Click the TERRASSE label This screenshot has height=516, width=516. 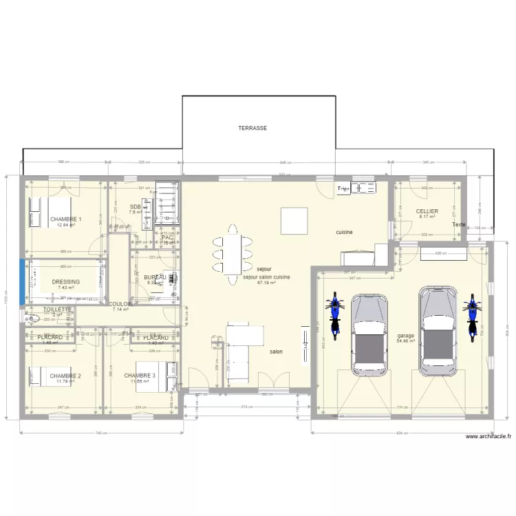(x=252, y=128)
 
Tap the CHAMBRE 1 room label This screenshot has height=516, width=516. (x=65, y=219)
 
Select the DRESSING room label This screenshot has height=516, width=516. (x=65, y=281)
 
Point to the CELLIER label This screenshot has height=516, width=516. (x=427, y=211)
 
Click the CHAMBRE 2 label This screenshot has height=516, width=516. (x=65, y=376)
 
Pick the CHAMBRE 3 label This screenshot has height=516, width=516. (x=140, y=376)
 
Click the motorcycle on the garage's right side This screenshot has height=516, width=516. (x=472, y=317)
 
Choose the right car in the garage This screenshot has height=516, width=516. (x=438, y=326)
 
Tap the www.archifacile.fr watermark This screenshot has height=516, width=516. (x=488, y=436)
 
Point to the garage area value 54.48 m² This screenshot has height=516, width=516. (x=405, y=341)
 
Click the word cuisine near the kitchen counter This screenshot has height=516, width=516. (x=344, y=233)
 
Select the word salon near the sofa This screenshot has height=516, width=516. (x=276, y=352)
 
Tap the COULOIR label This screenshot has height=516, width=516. (x=121, y=303)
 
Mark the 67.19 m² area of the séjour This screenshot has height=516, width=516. (x=266, y=282)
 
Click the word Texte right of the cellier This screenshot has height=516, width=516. (x=459, y=225)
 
